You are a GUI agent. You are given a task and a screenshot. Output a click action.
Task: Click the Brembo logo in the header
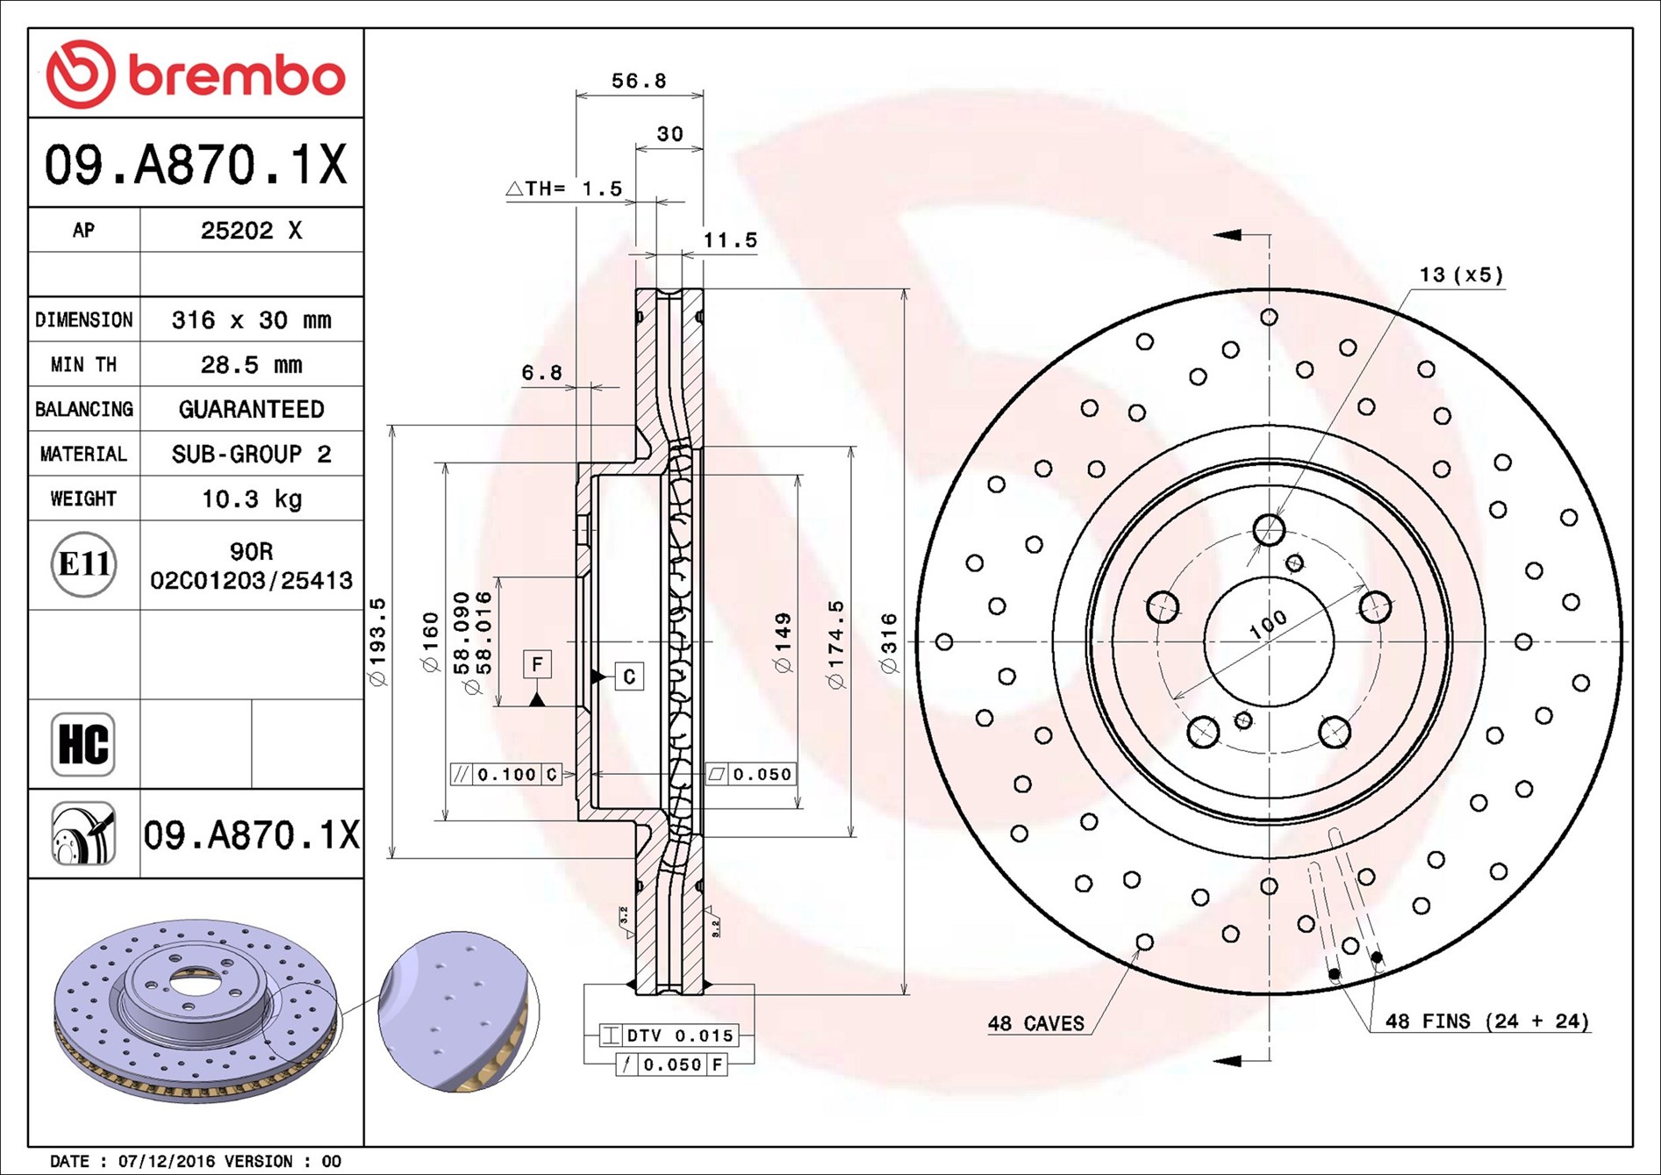click(x=196, y=75)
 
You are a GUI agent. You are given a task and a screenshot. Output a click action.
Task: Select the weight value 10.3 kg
click(x=251, y=499)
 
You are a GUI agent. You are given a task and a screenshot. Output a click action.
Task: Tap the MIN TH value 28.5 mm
click(x=251, y=365)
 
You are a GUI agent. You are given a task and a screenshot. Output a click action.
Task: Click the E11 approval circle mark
click(x=83, y=564)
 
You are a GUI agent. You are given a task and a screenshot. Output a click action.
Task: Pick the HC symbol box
click(x=83, y=744)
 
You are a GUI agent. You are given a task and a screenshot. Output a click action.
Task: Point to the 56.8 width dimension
click(x=639, y=81)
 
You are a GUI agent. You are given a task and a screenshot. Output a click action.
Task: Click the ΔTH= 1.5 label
click(x=564, y=189)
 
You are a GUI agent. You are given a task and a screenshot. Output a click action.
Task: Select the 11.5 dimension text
click(x=729, y=240)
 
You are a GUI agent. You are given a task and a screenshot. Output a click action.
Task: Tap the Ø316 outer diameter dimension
click(x=889, y=643)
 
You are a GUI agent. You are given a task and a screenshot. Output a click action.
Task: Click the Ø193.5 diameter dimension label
click(x=377, y=641)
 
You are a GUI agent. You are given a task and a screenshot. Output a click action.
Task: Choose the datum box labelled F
click(x=537, y=664)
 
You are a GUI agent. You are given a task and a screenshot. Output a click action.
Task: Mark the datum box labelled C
click(x=628, y=677)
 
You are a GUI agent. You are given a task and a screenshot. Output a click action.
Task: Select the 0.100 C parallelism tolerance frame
click(x=506, y=774)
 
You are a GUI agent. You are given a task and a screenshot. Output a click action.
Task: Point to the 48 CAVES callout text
click(x=1035, y=1023)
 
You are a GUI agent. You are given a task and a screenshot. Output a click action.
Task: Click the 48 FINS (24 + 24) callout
click(x=1486, y=1021)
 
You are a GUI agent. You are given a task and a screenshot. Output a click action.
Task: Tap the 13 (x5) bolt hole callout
click(x=1460, y=275)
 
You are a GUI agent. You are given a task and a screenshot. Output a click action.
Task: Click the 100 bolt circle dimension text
click(x=1268, y=624)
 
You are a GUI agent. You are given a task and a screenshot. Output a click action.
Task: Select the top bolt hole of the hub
click(x=1269, y=530)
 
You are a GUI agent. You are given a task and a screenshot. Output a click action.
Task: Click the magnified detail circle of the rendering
click(x=458, y=1012)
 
